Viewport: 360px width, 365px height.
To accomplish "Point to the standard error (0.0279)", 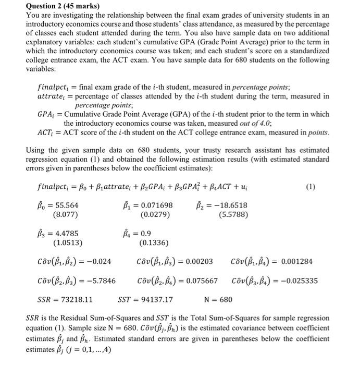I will tap(154, 214).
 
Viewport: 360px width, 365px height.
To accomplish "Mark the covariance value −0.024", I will tap(96, 262).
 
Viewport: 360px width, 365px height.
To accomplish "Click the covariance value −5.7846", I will tap(99, 281).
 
